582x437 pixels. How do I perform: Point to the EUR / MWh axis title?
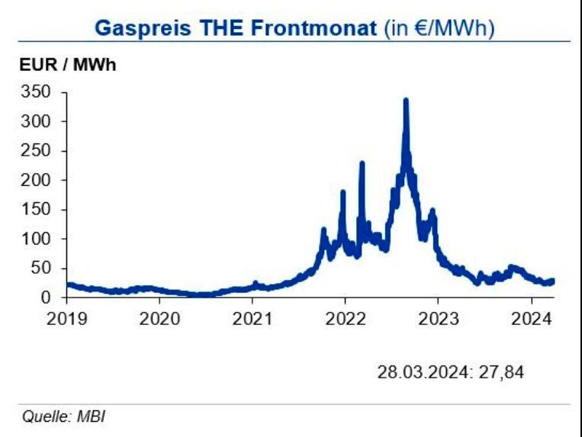point(67,66)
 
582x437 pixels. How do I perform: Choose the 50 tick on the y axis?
point(41,268)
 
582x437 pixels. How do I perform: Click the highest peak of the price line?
point(406,101)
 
